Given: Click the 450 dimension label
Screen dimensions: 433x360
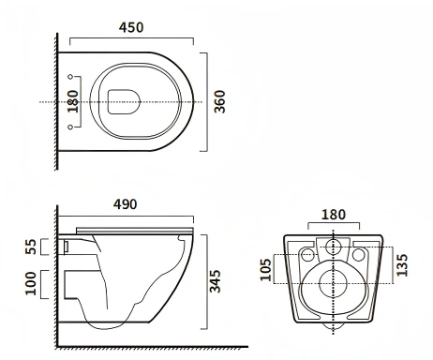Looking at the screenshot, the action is tap(131, 27).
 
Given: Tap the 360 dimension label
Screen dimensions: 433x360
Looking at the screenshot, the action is tap(219, 101).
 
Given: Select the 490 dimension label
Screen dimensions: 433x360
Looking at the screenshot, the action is tap(125, 204).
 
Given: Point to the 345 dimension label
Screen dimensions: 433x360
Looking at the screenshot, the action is tap(215, 281).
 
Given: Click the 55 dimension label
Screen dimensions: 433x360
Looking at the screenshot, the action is tap(31, 247).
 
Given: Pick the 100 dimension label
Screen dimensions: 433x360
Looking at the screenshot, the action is tap(31, 283).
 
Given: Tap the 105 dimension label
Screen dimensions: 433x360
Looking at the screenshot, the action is tap(265, 270).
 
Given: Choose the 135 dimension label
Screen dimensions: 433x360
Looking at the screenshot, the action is tap(402, 265).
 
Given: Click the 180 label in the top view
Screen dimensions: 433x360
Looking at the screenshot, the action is tap(73, 101).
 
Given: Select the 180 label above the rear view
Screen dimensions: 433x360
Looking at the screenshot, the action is tap(334, 215).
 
